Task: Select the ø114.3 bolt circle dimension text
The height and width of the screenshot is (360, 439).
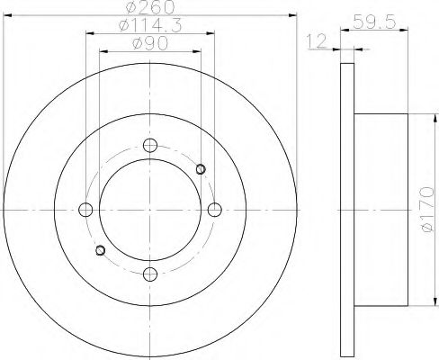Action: [x=149, y=27]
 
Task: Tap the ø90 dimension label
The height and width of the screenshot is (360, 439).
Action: [x=149, y=44]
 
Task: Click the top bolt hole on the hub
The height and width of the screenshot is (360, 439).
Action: [x=150, y=146]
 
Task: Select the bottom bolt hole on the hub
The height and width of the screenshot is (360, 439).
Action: [x=150, y=274]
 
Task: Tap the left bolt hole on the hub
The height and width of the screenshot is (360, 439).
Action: [x=86, y=210]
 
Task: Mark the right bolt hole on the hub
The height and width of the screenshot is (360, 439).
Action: [x=214, y=210]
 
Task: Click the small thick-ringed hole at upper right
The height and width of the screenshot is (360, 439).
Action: [x=201, y=168]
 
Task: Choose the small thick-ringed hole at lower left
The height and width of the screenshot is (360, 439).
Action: [x=100, y=250]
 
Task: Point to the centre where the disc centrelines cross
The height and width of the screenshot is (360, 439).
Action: [x=150, y=210]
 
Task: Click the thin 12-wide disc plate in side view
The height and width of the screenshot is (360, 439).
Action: [x=346, y=210]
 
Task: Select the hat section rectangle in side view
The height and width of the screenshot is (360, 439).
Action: [x=386, y=210]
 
